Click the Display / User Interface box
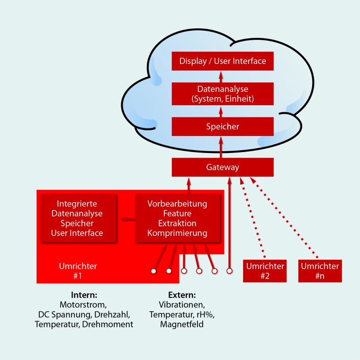223,61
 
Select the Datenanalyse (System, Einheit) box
223,93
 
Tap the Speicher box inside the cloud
223,127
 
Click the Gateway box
223,167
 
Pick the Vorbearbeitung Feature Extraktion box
178,218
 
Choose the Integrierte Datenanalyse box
77,218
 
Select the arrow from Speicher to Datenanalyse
220,112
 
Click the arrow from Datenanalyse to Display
220,77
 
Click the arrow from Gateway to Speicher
220,147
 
